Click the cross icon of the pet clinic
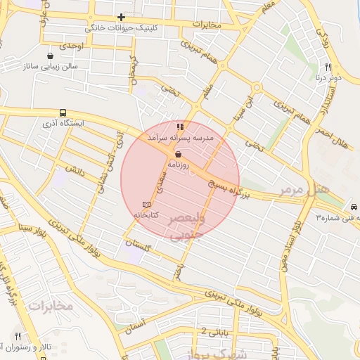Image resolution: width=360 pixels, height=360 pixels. tap(122, 17)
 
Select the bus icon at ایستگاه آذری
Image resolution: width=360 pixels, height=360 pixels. tap(63, 112)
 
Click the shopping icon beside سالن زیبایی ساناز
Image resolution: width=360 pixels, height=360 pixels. tap(50, 56)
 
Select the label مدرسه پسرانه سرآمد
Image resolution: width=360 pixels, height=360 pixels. tap(179, 138)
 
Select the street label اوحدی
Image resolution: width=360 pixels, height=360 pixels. tap(71, 46)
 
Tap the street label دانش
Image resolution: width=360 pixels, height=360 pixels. tap(75, 169)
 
